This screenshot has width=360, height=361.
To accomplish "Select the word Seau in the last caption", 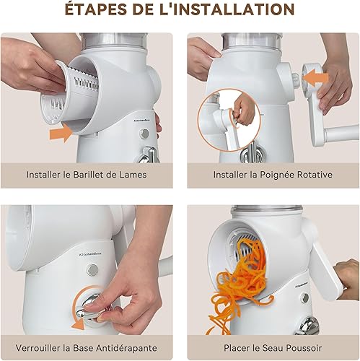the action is pos(272,348).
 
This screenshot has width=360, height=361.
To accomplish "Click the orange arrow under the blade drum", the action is pos(61,133).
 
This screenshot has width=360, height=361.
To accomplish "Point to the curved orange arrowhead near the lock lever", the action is pos(78,325).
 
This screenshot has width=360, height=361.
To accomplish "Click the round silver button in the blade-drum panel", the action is pos(144,134).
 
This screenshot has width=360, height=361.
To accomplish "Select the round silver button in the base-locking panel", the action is pos(92,269).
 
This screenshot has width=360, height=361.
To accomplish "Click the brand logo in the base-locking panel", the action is pos(90,253).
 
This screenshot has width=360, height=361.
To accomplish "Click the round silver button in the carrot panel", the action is pos(305,298).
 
